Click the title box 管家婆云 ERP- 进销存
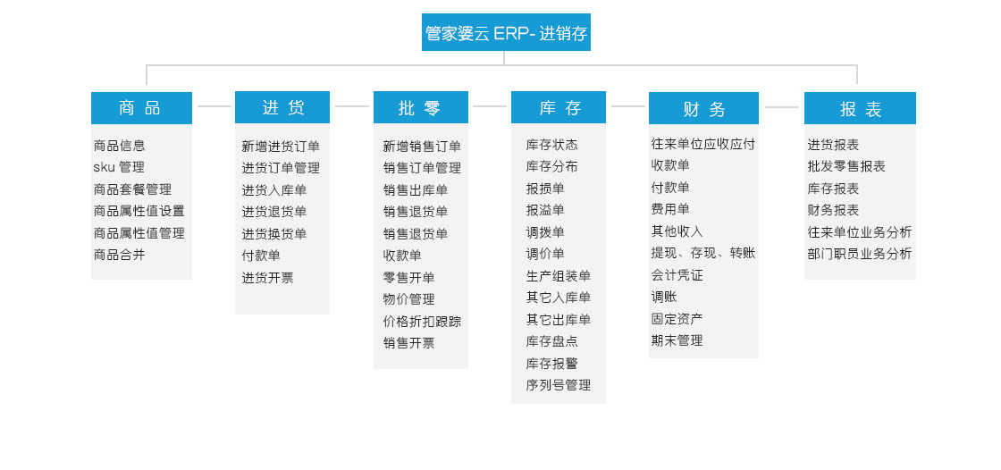click(x=506, y=32)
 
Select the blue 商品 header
click(x=141, y=108)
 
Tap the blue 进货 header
click(x=282, y=107)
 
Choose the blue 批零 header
click(x=421, y=107)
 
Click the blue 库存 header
click(x=559, y=107)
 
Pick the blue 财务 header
click(x=703, y=108)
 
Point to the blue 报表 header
click(x=860, y=108)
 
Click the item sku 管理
click(x=119, y=167)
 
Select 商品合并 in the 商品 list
click(x=120, y=255)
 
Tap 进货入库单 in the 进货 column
click(x=273, y=190)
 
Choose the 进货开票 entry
click(x=267, y=278)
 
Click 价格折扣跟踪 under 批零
click(x=422, y=321)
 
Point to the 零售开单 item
click(x=408, y=278)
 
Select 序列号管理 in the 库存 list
click(x=559, y=385)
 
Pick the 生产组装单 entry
click(x=559, y=276)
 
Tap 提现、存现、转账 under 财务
click(x=703, y=253)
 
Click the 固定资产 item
click(x=677, y=319)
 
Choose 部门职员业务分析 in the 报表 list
click(x=860, y=254)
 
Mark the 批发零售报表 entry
click(x=846, y=167)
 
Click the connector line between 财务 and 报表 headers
click(x=781, y=107)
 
